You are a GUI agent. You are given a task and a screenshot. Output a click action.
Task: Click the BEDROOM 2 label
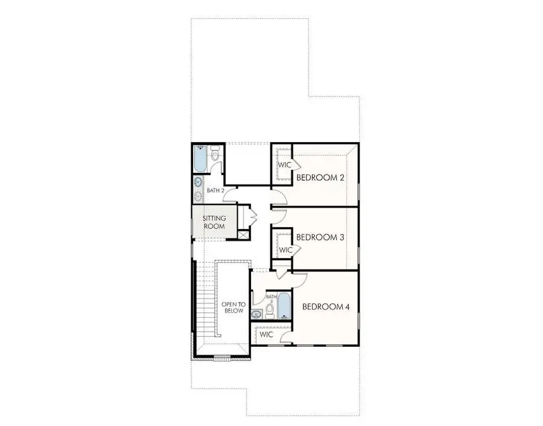pyautogui.click(x=320, y=177)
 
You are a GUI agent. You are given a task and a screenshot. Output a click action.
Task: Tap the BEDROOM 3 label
pyautogui.click(x=320, y=237)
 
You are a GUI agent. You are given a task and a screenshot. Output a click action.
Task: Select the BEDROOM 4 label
pyautogui.click(x=326, y=306)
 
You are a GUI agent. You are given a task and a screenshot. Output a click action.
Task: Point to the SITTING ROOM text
pyautogui.click(x=214, y=222)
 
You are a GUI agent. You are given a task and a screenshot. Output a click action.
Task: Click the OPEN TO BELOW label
pyautogui.click(x=232, y=307)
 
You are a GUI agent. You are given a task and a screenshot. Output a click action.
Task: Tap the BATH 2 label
pyautogui.click(x=215, y=190)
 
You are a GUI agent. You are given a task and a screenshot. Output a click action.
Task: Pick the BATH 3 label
pyautogui.click(x=271, y=299)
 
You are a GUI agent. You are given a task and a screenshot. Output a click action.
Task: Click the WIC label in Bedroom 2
pyautogui.click(x=284, y=164)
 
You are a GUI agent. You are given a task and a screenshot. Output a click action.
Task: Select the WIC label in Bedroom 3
pyautogui.click(x=285, y=250)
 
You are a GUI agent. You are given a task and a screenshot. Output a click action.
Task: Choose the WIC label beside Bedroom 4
pyautogui.click(x=267, y=334)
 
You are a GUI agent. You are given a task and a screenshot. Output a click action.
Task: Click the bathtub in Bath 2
pyautogui.click(x=199, y=159)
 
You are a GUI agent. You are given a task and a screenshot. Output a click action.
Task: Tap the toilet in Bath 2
pyautogui.click(x=215, y=156)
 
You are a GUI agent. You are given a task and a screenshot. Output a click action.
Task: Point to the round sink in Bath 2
pyautogui.click(x=198, y=182)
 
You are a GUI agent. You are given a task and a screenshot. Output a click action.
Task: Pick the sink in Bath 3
pyautogui.click(x=256, y=313)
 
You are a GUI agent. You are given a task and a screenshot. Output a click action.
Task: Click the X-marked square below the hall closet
pyautogui.click(x=244, y=236)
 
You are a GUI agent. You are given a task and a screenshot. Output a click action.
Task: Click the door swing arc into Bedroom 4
pyautogui.click(x=300, y=279)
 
